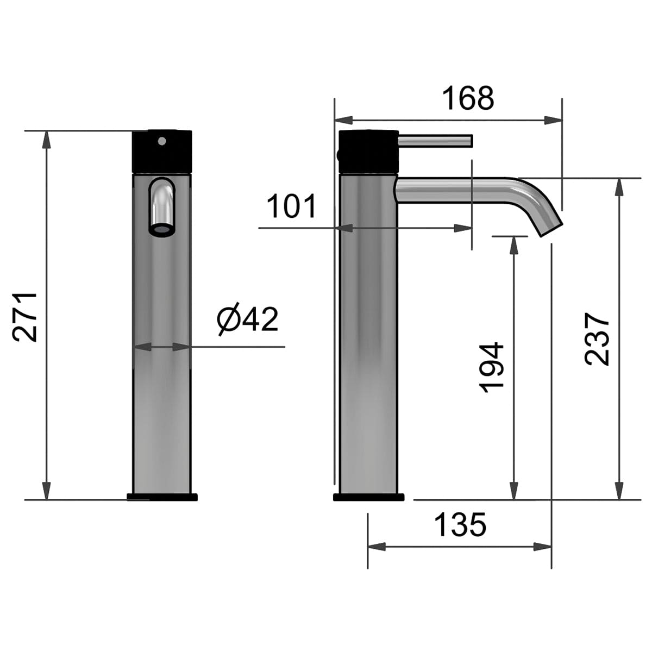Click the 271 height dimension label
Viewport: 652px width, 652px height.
tap(24, 318)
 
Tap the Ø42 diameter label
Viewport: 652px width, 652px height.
tap(247, 319)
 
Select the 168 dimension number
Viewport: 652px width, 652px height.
tap(468, 98)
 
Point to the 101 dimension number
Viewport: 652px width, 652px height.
tap(291, 206)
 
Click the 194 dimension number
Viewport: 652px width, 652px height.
tap(492, 367)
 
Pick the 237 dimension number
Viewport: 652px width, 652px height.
tap(597, 339)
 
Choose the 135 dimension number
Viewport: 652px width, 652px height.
tap(460, 525)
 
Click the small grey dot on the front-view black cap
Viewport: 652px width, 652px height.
tap(162, 141)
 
